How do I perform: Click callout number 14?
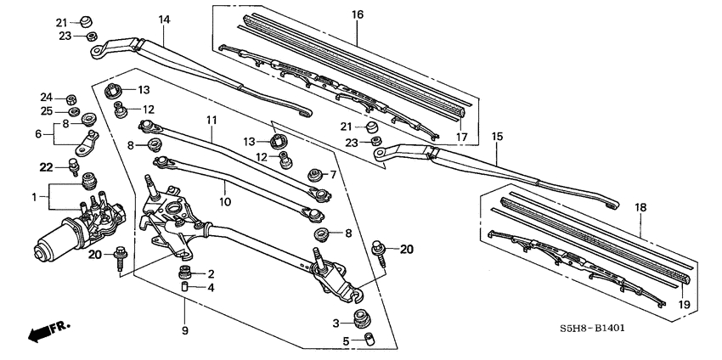point(164,19)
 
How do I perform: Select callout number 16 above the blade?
point(357,14)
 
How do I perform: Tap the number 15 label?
point(498,136)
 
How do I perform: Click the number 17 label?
point(462,136)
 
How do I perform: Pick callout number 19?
point(684,304)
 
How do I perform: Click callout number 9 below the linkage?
point(184,329)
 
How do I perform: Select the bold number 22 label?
point(46,166)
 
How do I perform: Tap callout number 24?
point(47,97)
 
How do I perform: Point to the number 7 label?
point(334,174)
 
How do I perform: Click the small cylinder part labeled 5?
point(369,340)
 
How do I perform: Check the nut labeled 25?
point(74,112)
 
